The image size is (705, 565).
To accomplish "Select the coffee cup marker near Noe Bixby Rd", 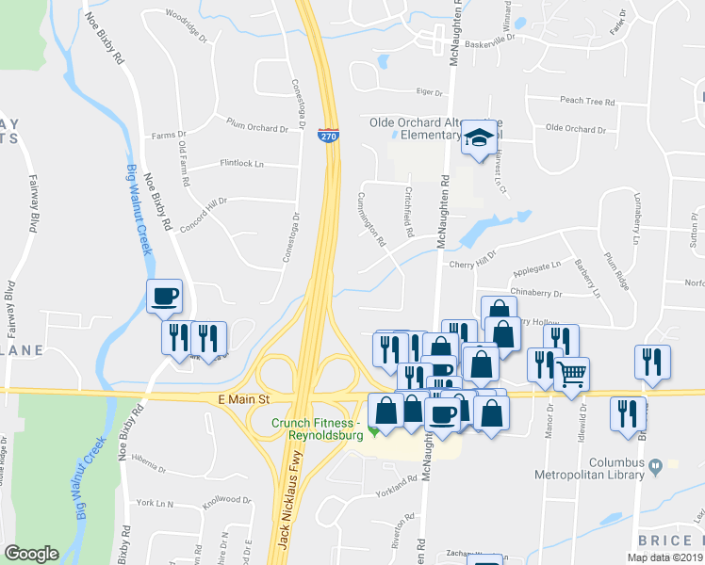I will click(164, 296).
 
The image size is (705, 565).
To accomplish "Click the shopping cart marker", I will click(570, 374).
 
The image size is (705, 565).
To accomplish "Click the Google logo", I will click(31, 554).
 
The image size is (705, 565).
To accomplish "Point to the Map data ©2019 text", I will click(664, 557).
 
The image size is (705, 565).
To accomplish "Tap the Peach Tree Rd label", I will click(586, 101).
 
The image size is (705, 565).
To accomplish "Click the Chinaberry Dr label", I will click(534, 294).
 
